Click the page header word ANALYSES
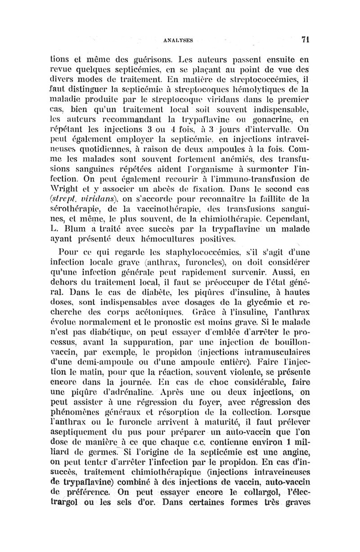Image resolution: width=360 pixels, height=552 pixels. click(180, 39)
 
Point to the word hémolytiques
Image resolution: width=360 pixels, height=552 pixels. click(269, 82)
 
